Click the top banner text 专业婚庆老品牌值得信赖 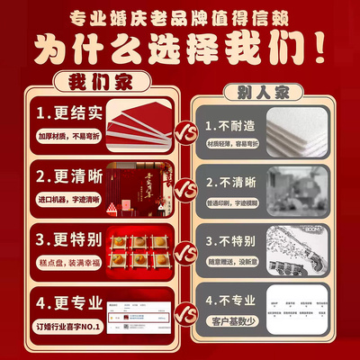180,18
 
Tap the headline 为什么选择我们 180,49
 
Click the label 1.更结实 67,115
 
